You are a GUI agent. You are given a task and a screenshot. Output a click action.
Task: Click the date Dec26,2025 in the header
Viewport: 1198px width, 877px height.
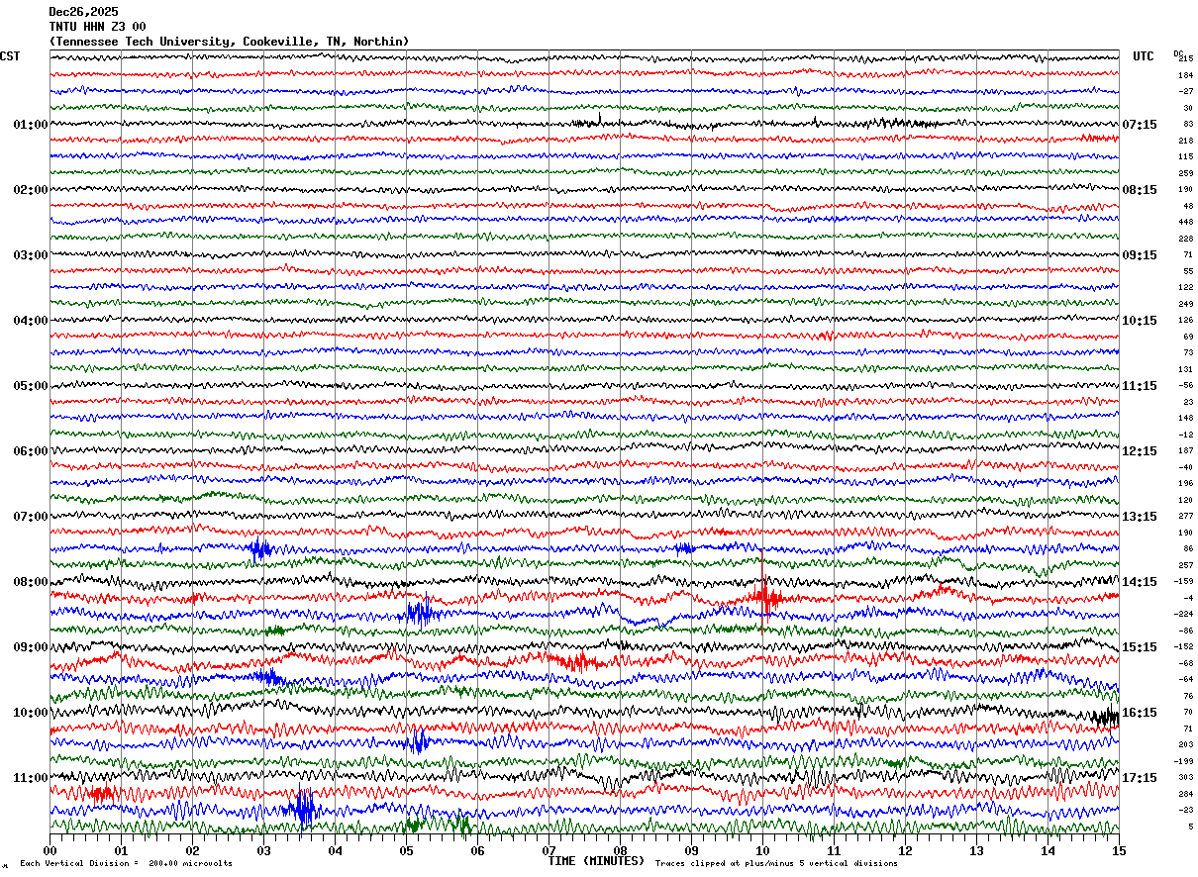(x=83, y=12)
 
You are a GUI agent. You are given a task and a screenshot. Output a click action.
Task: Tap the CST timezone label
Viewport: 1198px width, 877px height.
(x=10, y=56)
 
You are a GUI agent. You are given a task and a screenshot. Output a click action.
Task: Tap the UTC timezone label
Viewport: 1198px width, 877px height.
(x=1144, y=56)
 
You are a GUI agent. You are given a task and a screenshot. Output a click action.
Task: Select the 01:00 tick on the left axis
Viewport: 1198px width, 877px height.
(x=30, y=125)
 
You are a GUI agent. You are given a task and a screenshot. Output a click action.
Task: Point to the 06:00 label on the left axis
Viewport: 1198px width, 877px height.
(x=30, y=451)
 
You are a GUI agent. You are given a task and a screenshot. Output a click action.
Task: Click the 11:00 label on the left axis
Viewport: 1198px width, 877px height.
(x=30, y=778)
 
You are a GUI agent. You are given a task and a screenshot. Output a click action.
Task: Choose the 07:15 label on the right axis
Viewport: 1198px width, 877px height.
(x=1140, y=125)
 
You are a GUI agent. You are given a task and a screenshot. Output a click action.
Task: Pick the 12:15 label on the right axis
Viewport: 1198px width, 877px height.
(x=1140, y=451)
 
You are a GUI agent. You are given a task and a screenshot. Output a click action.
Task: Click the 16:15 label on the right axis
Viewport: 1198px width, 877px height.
(x=1140, y=713)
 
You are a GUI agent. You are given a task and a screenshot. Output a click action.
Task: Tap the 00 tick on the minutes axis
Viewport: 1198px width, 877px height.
(x=50, y=850)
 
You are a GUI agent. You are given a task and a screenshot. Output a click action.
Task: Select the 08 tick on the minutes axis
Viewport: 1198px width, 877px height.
(x=621, y=850)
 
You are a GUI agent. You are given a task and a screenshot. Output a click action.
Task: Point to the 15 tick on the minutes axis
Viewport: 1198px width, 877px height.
(x=1119, y=850)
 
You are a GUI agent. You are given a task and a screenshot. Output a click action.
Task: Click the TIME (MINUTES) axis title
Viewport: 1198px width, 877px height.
(x=596, y=861)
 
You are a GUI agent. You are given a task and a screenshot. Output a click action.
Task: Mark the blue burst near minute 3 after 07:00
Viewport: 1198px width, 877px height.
(x=259, y=548)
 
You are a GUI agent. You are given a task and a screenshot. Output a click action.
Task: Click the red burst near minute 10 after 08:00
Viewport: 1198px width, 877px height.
(x=764, y=596)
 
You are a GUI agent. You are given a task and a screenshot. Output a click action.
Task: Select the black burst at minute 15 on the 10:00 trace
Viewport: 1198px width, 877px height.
(x=1105, y=717)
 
